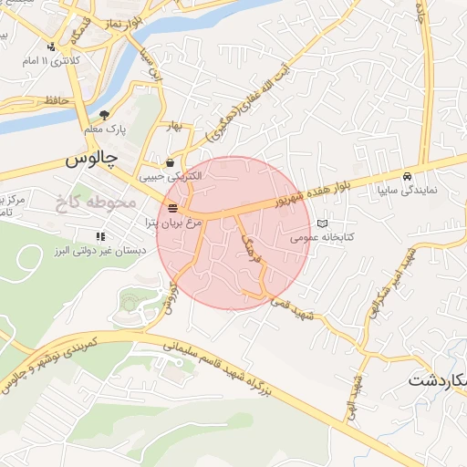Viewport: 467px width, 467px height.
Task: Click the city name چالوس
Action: coord(92,158)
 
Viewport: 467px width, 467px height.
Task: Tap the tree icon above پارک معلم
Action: coord(105,116)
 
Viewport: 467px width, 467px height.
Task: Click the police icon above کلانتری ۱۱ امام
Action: coord(51,45)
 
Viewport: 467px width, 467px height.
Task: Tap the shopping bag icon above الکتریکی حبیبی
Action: coord(170,162)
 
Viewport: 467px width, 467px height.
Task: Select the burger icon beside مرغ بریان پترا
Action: coord(172,209)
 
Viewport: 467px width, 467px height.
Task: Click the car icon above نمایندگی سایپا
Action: coord(407,176)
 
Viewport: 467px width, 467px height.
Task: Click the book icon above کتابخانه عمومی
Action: coord(321,223)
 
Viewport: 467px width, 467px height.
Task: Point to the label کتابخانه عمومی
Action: coord(321,236)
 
